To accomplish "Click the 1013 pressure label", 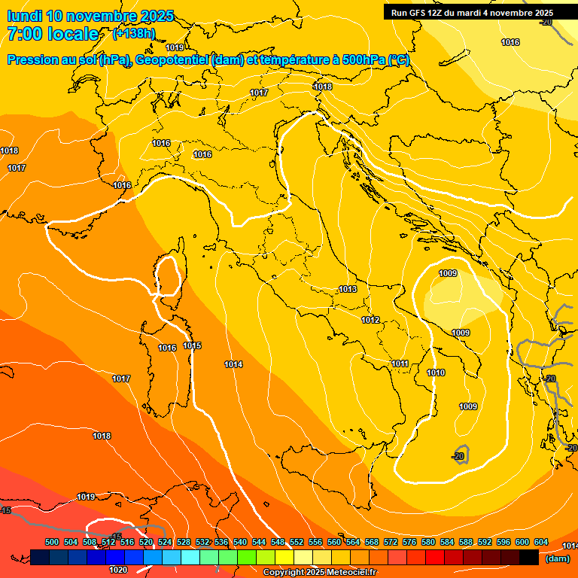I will click(x=348, y=290).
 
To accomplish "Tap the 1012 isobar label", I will click(x=370, y=320).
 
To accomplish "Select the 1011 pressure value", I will click(x=400, y=364).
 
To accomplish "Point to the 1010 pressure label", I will click(x=436, y=373).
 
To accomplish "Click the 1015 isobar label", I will click(x=192, y=346).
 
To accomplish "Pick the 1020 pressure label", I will click(x=118, y=570).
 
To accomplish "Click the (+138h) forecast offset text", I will click(x=134, y=34).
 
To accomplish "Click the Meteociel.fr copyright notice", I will click(x=320, y=573).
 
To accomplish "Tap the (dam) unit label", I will click(x=558, y=558).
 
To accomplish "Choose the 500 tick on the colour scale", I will click(x=52, y=542).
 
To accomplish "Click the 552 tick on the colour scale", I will click(x=297, y=542).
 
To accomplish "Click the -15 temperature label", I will click(x=117, y=536).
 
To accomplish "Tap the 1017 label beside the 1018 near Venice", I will click(x=259, y=93).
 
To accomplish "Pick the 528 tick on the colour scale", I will click(x=184, y=542).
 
